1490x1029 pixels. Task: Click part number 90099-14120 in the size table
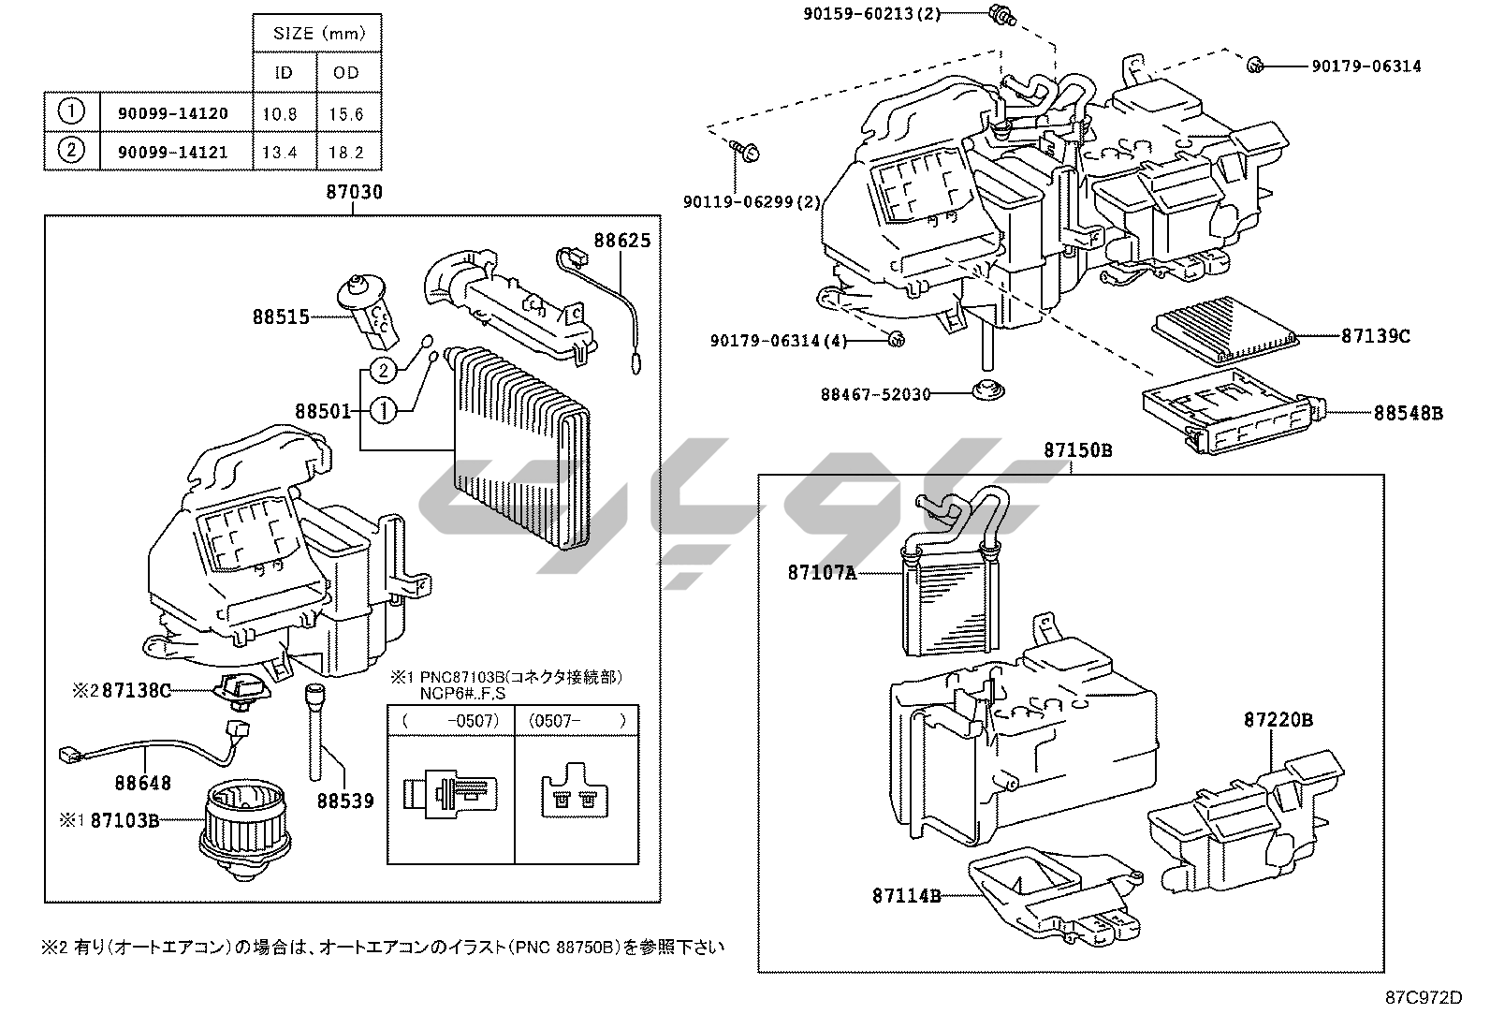pyautogui.click(x=172, y=113)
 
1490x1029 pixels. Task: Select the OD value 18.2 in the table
pyautogui.click(x=346, y=152)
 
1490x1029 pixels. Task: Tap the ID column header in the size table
pyautogui.click(x=284, y=72)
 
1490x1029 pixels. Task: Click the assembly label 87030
pyautogui.click(x=354, y=192)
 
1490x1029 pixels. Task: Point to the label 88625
pyautogui.click(x=621, y=241)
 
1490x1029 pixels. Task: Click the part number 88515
pyautogui.click(x=280, y=316)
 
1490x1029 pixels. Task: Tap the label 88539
pyautogui.click(x=344, y=801)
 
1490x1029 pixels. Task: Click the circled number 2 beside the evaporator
pyautogui.click(x=384, y=371)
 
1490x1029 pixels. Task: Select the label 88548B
pyautogui.click(x=1408, y=412)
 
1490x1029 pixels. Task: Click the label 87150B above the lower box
pyautogui.click(x=1078, y=450)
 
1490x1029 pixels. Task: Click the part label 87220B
pyautogui.click(x=1278, y=720)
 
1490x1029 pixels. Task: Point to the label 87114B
pyautogui.click(x=906, y=896)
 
